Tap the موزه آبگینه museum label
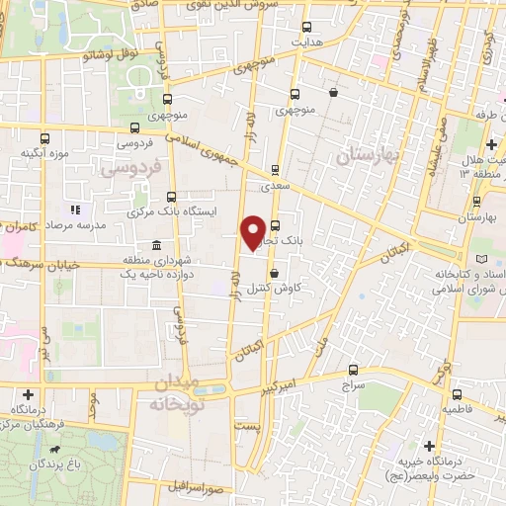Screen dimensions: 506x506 (42, 154)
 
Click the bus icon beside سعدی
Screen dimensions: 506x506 (275, 169)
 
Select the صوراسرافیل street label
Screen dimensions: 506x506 (193, 489)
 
